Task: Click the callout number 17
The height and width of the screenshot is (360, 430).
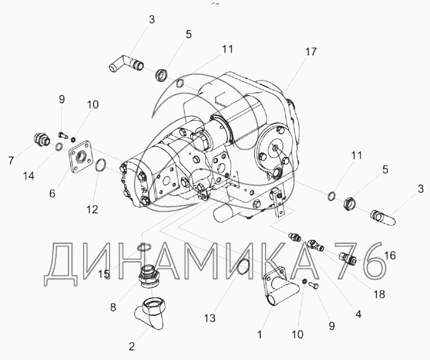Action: pos(311,51)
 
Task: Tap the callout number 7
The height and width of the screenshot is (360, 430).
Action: pos(11,160)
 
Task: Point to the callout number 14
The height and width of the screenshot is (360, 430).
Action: pos(28,175)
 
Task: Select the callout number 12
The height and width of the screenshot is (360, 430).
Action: pos(92,210)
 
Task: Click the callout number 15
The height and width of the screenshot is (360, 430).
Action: pos(104,274)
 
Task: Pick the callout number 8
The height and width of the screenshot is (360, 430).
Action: pos(113,307)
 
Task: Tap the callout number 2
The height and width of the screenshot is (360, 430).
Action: pos(131,346)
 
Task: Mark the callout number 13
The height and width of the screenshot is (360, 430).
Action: pos(209,318)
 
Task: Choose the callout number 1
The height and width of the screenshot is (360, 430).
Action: pos(259,334)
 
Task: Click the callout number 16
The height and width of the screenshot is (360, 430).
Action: pos(390,255)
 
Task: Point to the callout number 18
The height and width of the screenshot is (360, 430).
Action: pos(379,294)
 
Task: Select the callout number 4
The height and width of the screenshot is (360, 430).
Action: pos(358,314)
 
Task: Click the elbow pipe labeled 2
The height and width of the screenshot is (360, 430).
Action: pos(149,314)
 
